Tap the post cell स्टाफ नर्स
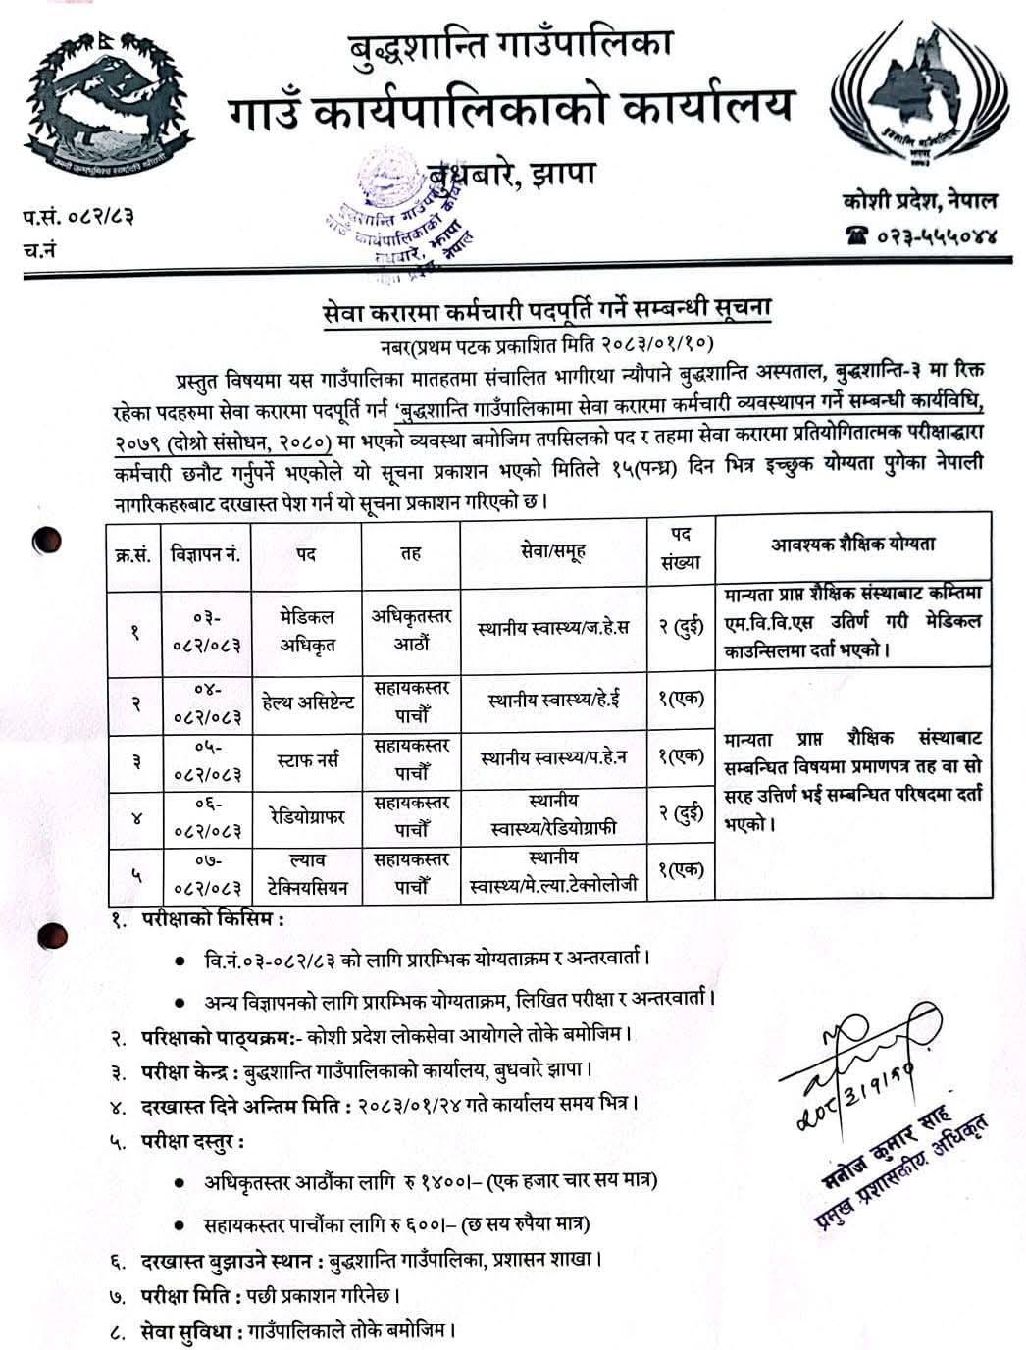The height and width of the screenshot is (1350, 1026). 306,757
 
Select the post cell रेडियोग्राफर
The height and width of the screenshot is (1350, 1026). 306,814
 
